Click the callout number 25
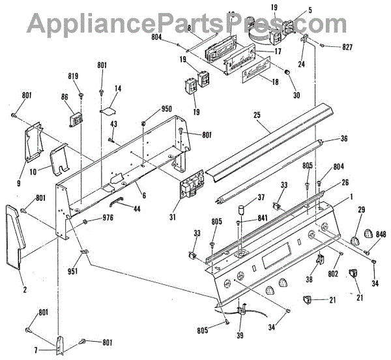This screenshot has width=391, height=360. tap(257, 114)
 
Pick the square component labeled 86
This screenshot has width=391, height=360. tap(76, 121)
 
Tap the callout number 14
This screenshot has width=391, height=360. tap(118, 89)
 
